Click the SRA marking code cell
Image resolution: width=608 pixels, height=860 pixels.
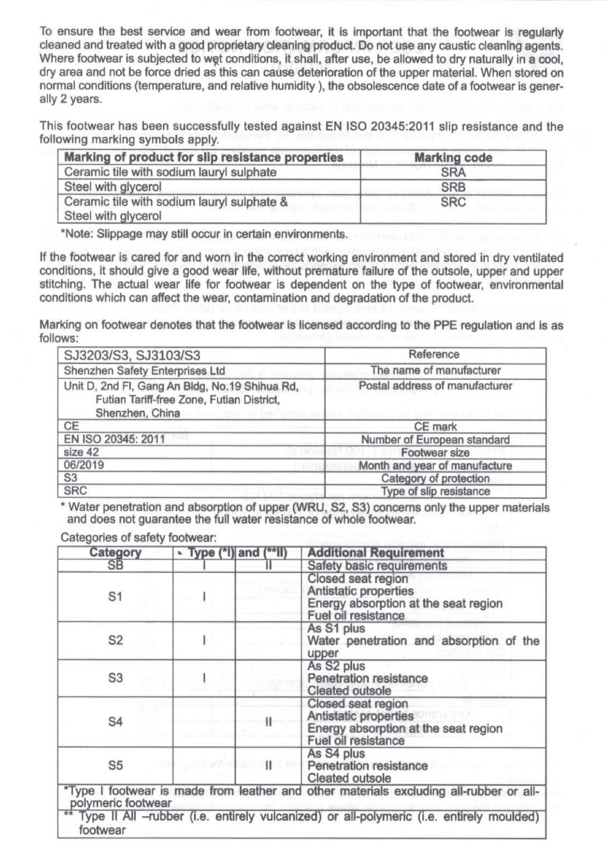point(453,172)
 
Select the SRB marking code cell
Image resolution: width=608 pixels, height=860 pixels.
point(453,187)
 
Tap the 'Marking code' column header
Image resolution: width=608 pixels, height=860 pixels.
point(453,158)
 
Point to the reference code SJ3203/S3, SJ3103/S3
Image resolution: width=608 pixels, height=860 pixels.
point(132,356)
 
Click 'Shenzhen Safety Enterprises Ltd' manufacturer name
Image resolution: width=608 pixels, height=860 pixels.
point(144,371)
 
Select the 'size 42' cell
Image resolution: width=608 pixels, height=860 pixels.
point(82,452)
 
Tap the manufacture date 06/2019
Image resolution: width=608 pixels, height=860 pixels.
point(84,465)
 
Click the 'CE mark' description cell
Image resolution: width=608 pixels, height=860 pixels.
point(435,427)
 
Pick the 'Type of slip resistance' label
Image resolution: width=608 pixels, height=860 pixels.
point(435,492)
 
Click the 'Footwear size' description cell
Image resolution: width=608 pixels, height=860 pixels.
point(435,452)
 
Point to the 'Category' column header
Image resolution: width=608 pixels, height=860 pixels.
point(115,553)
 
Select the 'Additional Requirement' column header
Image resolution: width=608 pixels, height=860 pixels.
point(376,553)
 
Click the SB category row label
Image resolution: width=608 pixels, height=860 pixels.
point(115,565)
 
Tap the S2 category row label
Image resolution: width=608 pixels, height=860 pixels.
point(115,641)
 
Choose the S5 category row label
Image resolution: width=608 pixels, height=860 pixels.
point(115,765)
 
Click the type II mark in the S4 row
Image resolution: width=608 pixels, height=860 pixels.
point(268,722)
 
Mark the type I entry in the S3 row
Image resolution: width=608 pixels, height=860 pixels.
point(204,678)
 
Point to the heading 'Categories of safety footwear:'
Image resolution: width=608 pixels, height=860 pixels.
point(138,538)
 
